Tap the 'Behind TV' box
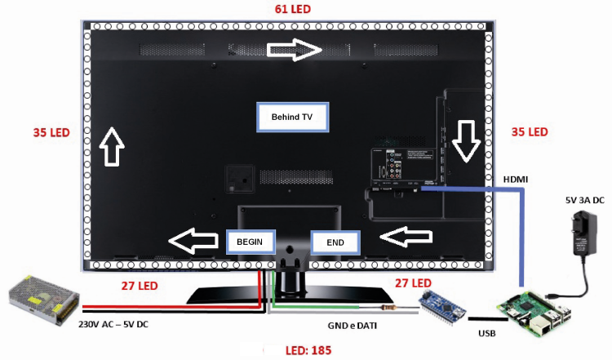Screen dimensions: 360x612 point(291,117)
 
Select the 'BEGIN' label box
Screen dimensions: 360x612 point(251,242)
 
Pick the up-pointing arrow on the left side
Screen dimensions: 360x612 point(111,147)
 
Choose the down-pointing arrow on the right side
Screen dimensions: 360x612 point(466,142)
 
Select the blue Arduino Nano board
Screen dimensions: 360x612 point(441,309)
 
